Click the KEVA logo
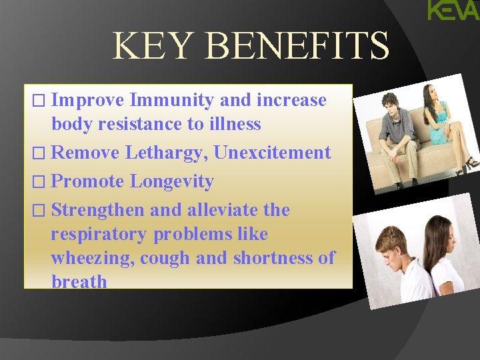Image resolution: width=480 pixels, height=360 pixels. (x=453, y=11)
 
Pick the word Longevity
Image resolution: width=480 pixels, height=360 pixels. (x=171, y=181)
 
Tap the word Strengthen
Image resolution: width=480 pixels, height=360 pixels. (x=97, y=210)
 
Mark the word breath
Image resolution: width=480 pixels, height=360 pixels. (x=79, y=282)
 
